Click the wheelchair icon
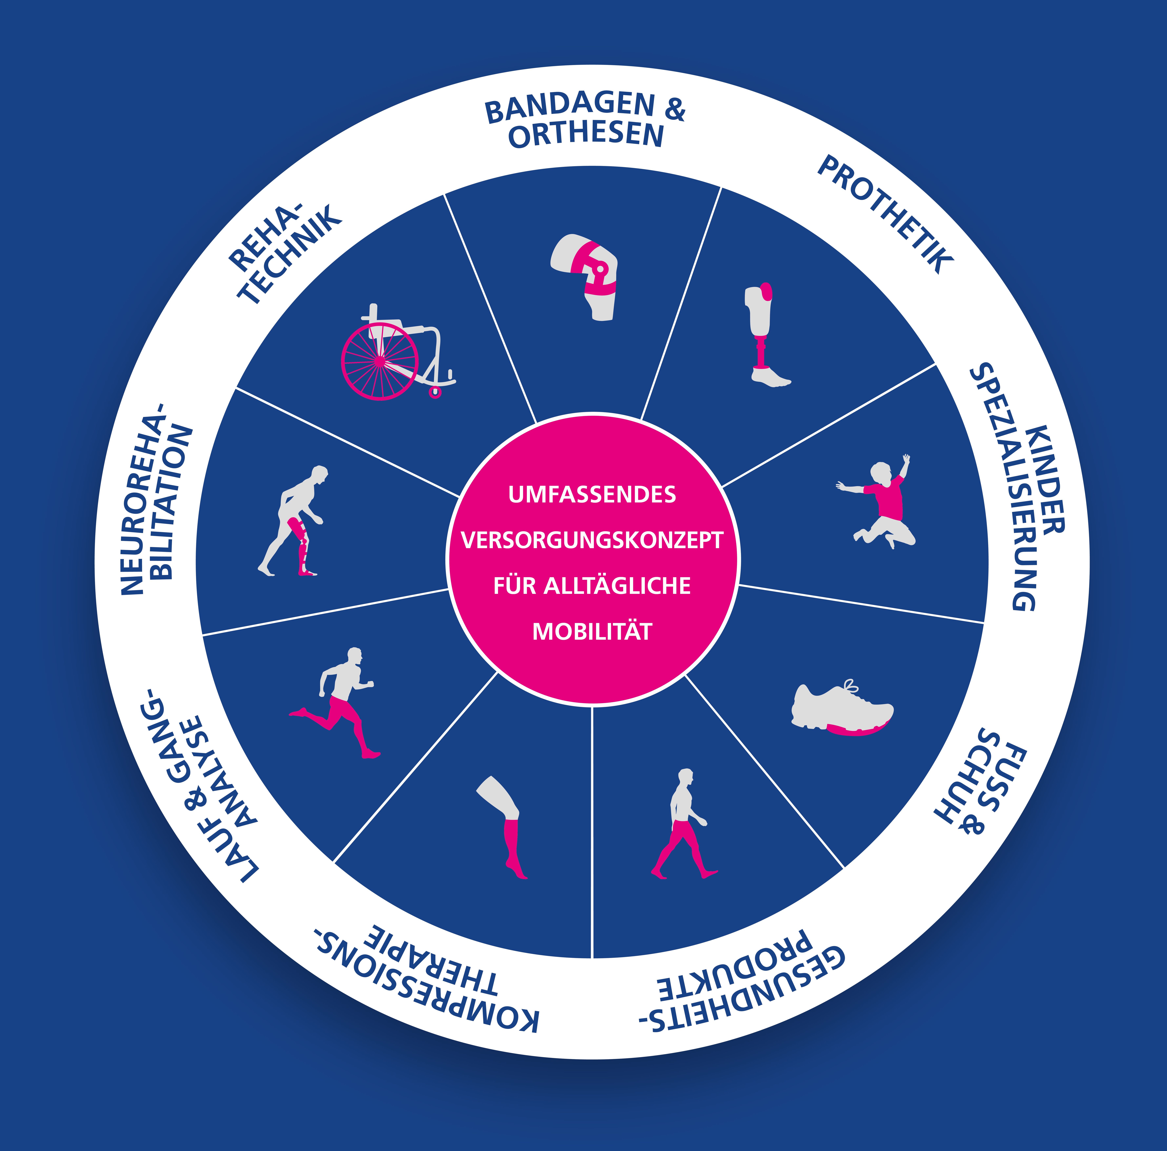click(x=396, y=353)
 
